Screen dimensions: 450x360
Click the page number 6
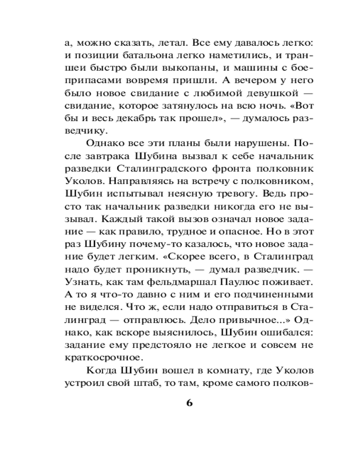pyautogui.click(x=189, y=403)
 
